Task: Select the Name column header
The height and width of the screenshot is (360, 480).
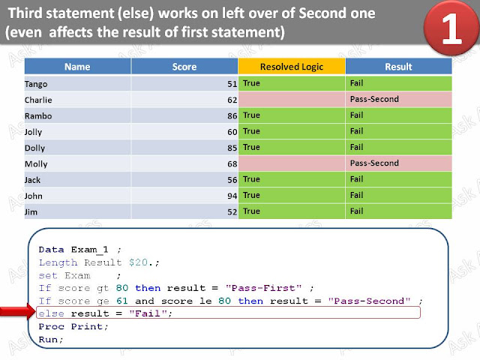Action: coord(77,67)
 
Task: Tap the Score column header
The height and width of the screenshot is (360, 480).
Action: coord(184,67)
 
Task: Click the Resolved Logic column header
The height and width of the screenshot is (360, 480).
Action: coord(291,67)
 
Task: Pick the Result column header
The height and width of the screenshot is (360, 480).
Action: coord(398,67)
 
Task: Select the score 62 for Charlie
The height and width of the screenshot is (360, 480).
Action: coord(232,99)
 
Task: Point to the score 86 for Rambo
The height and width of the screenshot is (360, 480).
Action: coord(232,115)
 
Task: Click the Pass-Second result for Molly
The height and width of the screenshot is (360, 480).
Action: coord(373,163)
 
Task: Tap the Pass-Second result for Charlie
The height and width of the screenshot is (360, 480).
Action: coord(373,99)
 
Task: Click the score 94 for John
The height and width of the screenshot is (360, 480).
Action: coord(232,196)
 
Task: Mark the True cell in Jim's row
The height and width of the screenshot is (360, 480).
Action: coord(251,211)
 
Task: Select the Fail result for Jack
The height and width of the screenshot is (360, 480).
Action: coord(356,179)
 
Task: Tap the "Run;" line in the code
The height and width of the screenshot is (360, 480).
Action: coord(51,339)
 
